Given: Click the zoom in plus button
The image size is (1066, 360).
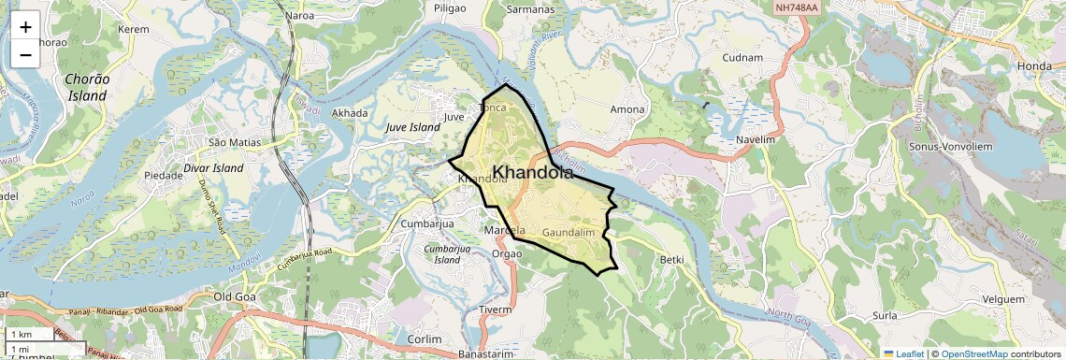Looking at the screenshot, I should pyautogui.click(x=25, y=27).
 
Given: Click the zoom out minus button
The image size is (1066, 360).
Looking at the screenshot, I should pyautogui.click(x=25, y=54).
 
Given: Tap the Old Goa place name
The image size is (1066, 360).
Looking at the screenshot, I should pyautogui.click(x=235, y=296).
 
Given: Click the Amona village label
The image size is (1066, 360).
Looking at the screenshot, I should pyautogui.click(x=627, y=109).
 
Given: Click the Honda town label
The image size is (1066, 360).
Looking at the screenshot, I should pyautogui.click(x=1034, y=65).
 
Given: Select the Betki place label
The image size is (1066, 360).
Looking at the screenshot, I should pyautogui.click(x=671, y=259).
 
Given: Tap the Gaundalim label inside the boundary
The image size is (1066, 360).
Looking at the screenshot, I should pyautogui.click(x=569, y=231).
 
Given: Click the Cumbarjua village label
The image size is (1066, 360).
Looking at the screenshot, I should pyautogui.click(x=426, y=223).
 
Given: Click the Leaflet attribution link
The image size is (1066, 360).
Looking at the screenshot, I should pyautogui.click(x=903, y=353).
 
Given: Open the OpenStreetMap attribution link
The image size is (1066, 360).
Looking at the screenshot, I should pyautogui.click(x=973, y=353).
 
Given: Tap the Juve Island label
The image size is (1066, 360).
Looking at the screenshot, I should pyautogui.click(x=412, y=126).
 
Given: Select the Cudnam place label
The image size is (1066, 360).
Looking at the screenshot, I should pyautogui.click(x=745, y=57).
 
